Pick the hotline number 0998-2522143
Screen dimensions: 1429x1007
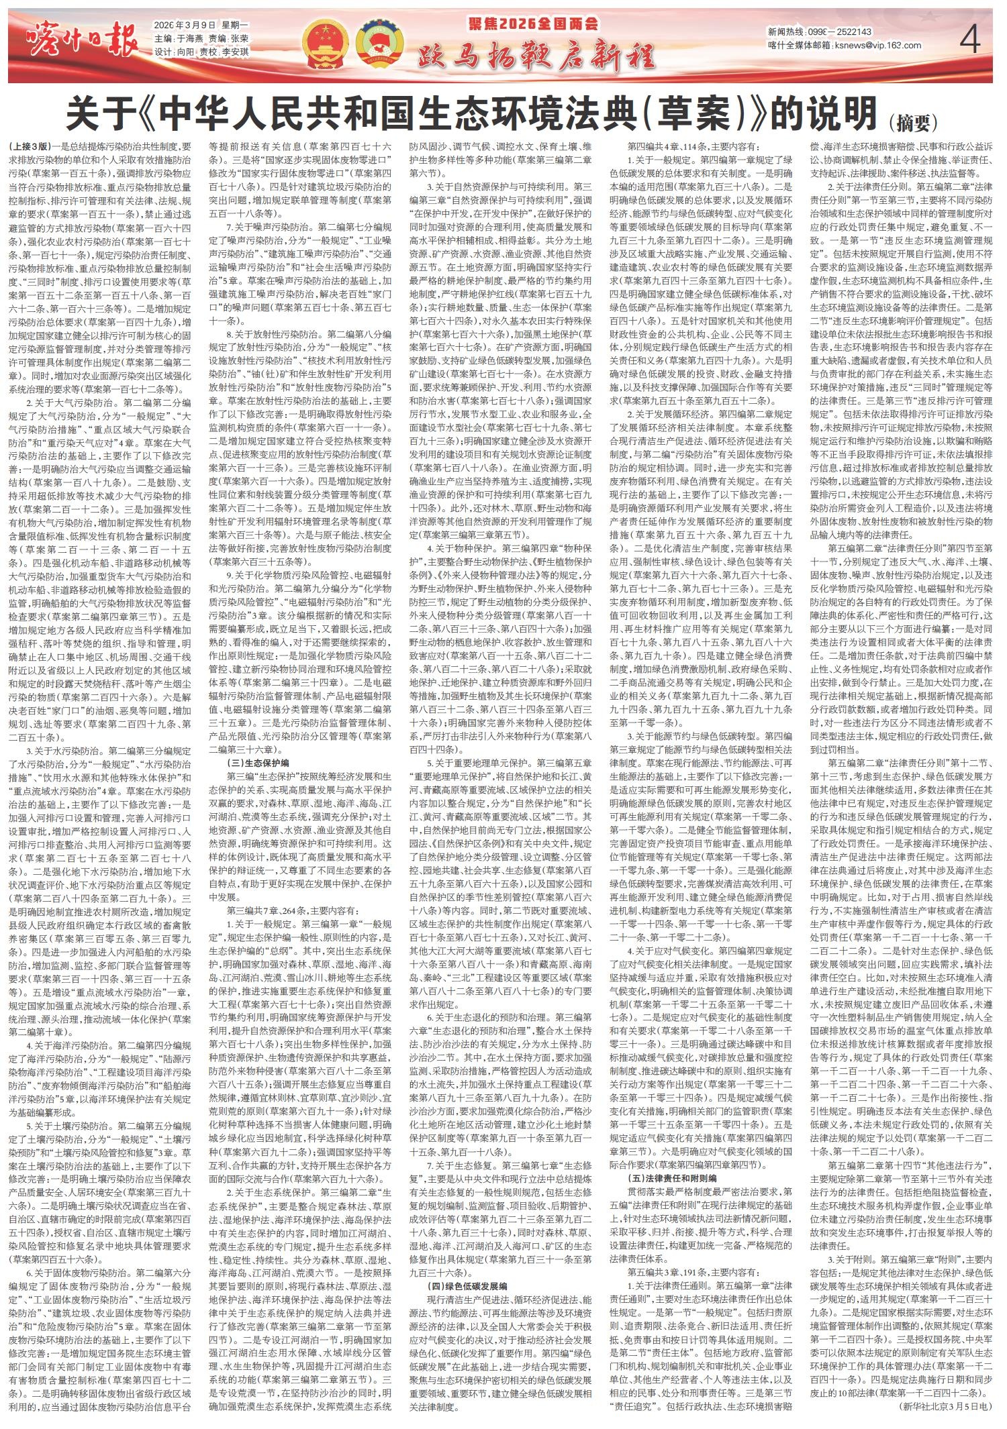coord(842,32)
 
